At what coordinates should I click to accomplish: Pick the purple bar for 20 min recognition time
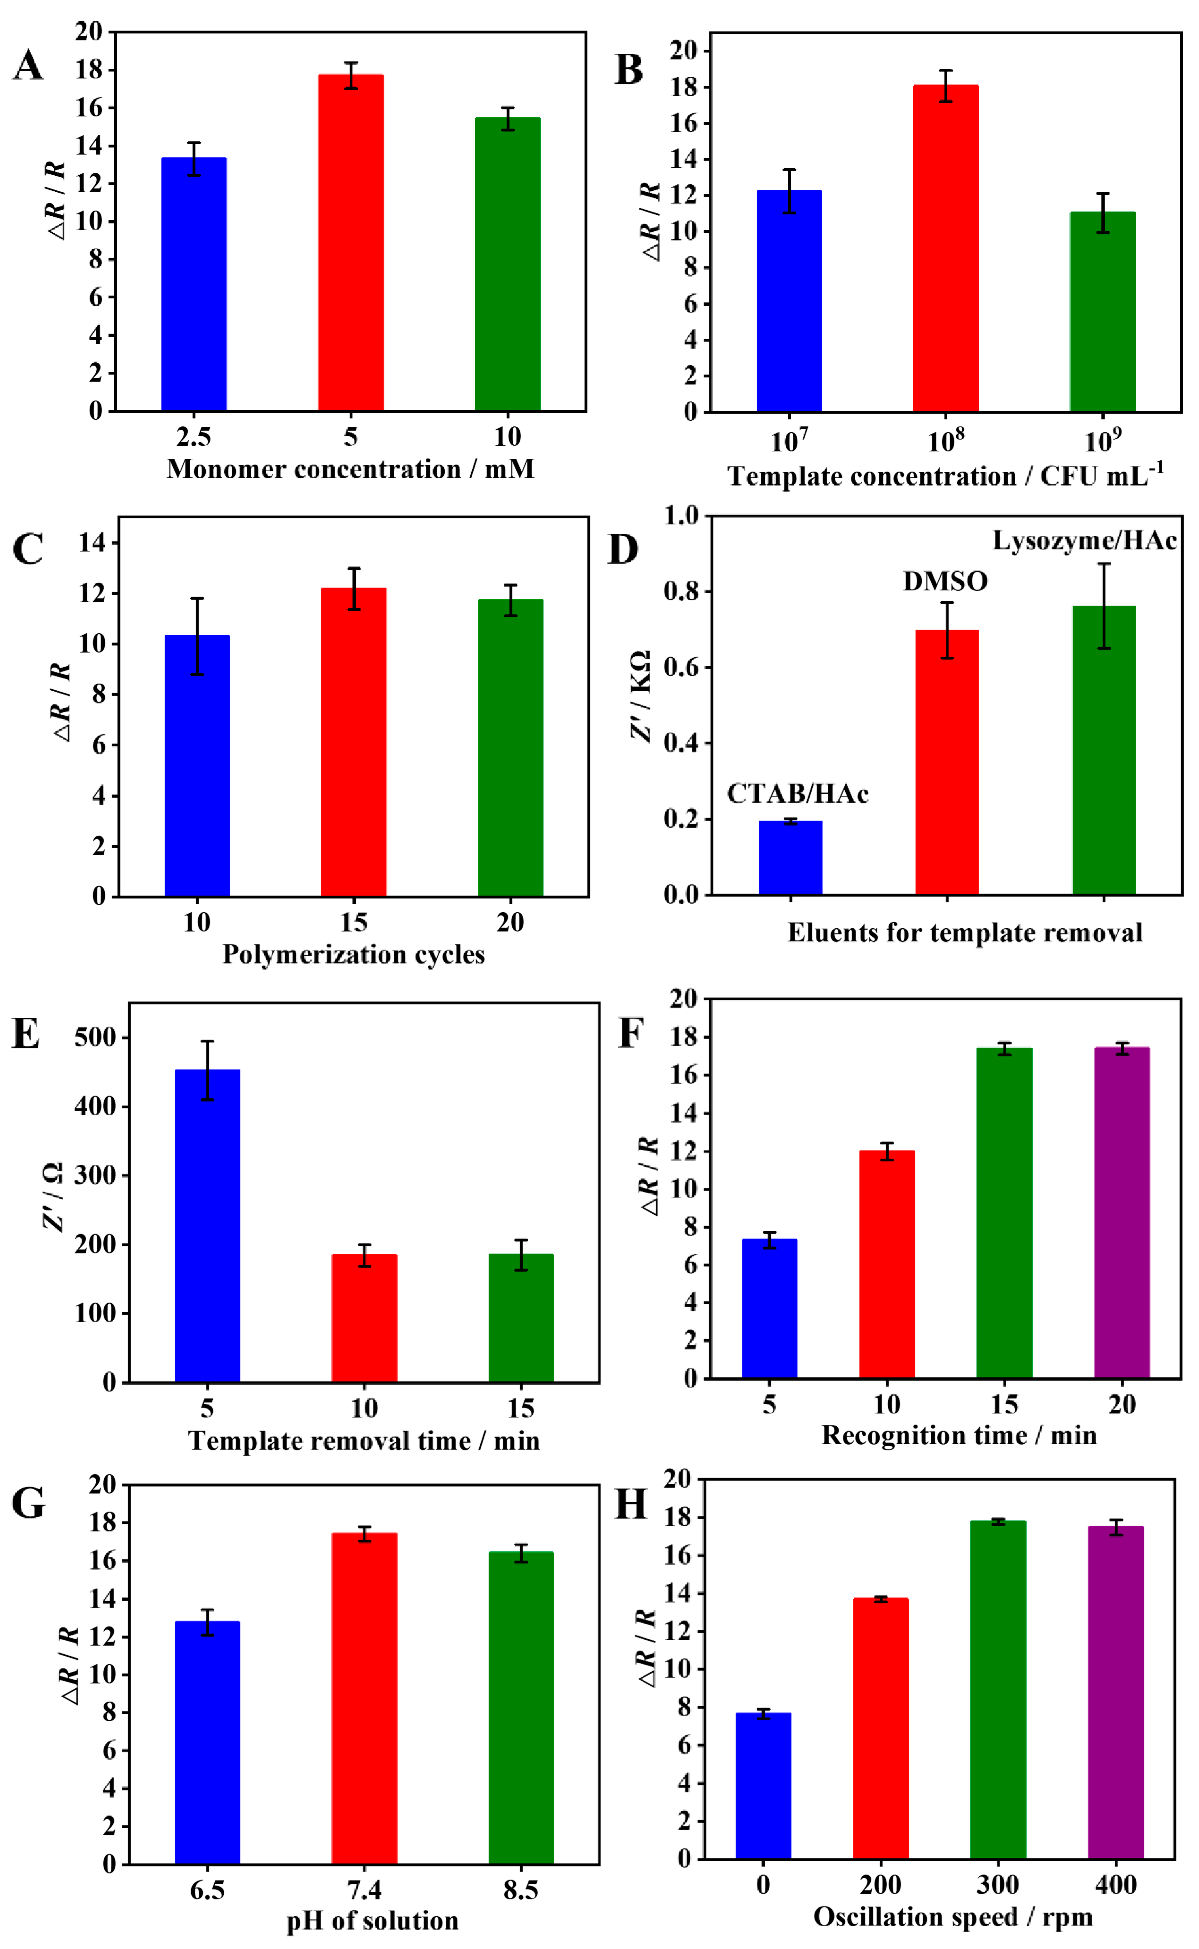[x=1121, y=1213]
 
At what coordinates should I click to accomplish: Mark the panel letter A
[x=28, y=65]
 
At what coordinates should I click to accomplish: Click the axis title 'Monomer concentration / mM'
[x=350, y=469]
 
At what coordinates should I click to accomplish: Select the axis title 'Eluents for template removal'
[x=964, y=932]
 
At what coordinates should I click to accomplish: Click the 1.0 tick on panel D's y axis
[x=682, y=516]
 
